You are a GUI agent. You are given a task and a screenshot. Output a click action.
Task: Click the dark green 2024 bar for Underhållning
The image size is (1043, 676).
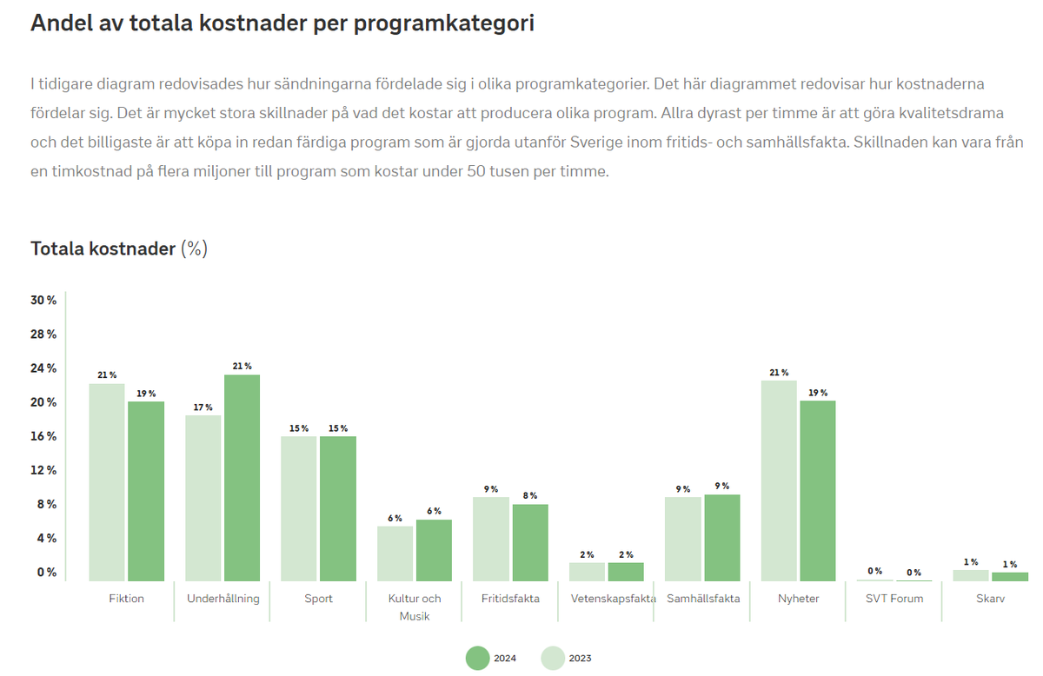(x=242, y=478)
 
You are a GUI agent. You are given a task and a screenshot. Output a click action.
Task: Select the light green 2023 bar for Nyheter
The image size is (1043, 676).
(x=779, y=480)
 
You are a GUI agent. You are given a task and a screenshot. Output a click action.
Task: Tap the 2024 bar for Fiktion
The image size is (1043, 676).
(x=146, y=491)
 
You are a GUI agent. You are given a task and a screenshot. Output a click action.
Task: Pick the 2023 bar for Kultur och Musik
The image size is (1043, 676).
(x=395, y=553)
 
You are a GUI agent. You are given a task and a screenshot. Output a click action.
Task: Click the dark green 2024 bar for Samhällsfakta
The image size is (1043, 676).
(x=721, y=538)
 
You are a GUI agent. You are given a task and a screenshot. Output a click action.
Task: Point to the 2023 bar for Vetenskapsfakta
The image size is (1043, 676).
(x=587, y=572)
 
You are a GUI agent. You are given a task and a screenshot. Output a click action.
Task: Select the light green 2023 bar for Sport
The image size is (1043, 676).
(x=299, y=508)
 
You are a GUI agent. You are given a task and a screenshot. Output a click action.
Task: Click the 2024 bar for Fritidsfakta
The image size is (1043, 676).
(x=529, y=542)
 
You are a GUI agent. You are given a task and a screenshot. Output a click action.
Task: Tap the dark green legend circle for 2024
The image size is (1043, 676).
(x=478, y=659)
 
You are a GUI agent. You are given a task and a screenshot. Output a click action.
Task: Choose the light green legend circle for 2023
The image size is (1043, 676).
(x=553, y=659)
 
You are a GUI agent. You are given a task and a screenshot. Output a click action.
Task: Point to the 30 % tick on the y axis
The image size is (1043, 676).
(x=44, y=301)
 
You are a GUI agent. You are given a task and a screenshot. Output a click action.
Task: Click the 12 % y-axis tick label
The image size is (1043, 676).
(x=44, y=471)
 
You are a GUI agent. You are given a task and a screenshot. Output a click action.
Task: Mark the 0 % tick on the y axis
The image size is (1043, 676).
(x=47, y=573)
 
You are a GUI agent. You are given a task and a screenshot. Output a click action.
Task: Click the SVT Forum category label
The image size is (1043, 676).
(x=894, y=599)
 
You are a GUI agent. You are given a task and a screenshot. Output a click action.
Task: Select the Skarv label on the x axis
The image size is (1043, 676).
(x=990, y=599)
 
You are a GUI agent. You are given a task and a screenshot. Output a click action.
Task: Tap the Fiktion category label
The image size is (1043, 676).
(x=127, y=599)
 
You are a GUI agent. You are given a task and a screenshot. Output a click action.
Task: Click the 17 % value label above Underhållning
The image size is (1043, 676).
(x=203, y=407)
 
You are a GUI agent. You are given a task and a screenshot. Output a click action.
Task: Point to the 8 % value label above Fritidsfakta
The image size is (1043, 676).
(x=529, y=495)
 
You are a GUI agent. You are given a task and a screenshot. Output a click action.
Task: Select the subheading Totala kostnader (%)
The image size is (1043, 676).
(x=119, y=249)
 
